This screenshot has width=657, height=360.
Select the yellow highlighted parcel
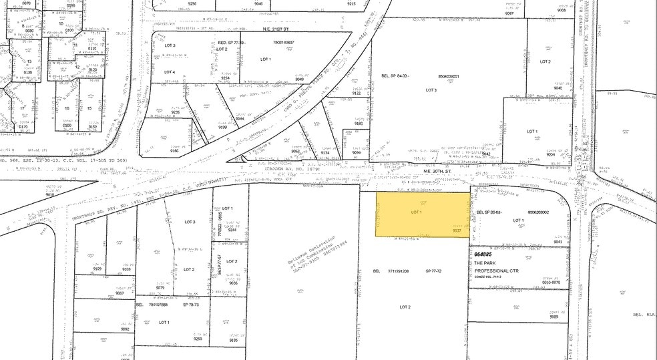(x=421, y=214)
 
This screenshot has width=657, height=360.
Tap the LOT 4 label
(x=170, y=71)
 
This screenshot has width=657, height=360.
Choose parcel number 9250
(x=198, y=339)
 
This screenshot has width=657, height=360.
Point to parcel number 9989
(x=554, y=317)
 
